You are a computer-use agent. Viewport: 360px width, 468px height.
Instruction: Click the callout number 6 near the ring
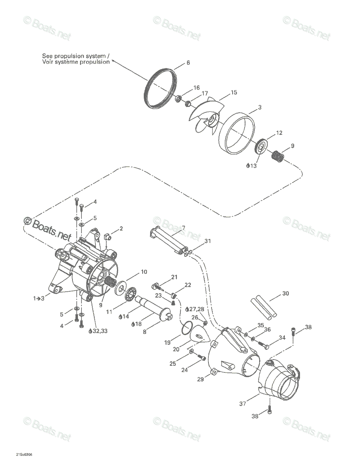(188, 63)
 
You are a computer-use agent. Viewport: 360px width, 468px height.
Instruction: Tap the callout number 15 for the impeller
(234, 92)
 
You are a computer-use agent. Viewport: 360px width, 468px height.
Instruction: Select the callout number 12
(279, 133)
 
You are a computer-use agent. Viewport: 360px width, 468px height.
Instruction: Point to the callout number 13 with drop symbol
(251, 166)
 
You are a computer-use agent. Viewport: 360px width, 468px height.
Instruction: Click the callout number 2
(121, 228)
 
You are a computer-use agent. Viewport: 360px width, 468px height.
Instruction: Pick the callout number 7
(184, 227)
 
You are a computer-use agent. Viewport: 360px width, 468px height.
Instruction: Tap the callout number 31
(208, 241)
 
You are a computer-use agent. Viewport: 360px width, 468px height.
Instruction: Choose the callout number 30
(285, 293)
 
